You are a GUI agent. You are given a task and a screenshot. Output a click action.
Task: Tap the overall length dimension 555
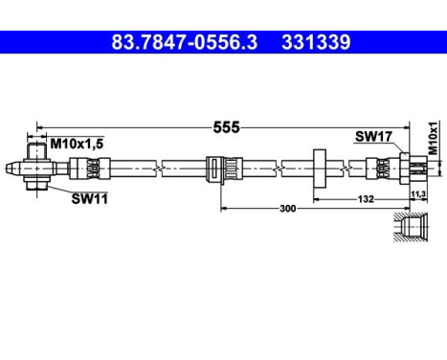[x=226, y=126]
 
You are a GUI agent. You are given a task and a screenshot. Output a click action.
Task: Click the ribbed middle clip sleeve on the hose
[x=219, y=169]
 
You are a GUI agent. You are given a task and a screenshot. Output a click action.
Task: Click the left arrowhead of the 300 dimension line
[x=224, y=207]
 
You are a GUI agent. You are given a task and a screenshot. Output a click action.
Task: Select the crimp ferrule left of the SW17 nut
[x=384, y=169]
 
